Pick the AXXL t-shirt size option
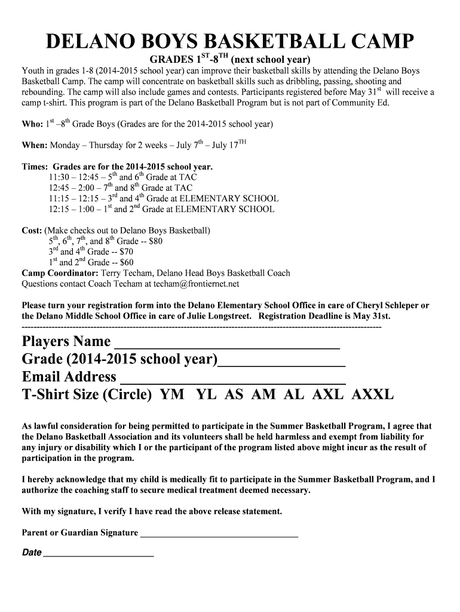click(x=372, y=394)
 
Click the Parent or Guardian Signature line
click(x=219, y=536)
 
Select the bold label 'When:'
click(x=35, y=145)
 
